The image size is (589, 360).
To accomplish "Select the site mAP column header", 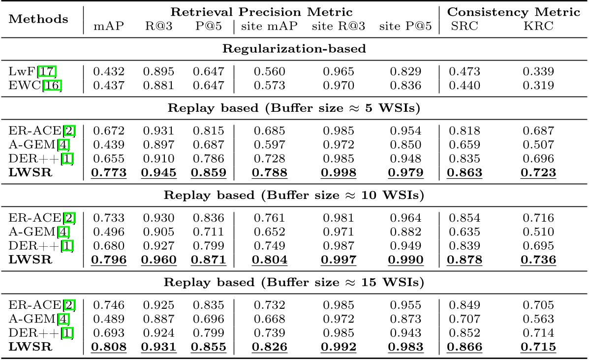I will point(269,27).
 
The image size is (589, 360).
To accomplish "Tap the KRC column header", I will point(539,27).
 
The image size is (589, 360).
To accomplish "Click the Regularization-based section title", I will point(294,49).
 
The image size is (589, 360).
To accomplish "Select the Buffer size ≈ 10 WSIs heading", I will point(294,196).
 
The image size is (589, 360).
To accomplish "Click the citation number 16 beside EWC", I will point(55,86).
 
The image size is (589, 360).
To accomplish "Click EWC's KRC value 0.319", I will point(539,86).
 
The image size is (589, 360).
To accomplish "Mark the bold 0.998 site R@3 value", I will point(338,173).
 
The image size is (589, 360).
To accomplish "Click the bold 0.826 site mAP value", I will point(269,347).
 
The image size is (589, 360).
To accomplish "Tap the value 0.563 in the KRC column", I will point(539,319).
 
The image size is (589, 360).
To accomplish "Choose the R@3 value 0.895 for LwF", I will point(158,72).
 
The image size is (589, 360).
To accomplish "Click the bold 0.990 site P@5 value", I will point(405,260).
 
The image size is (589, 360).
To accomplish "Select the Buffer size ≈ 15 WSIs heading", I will point(294,283).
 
